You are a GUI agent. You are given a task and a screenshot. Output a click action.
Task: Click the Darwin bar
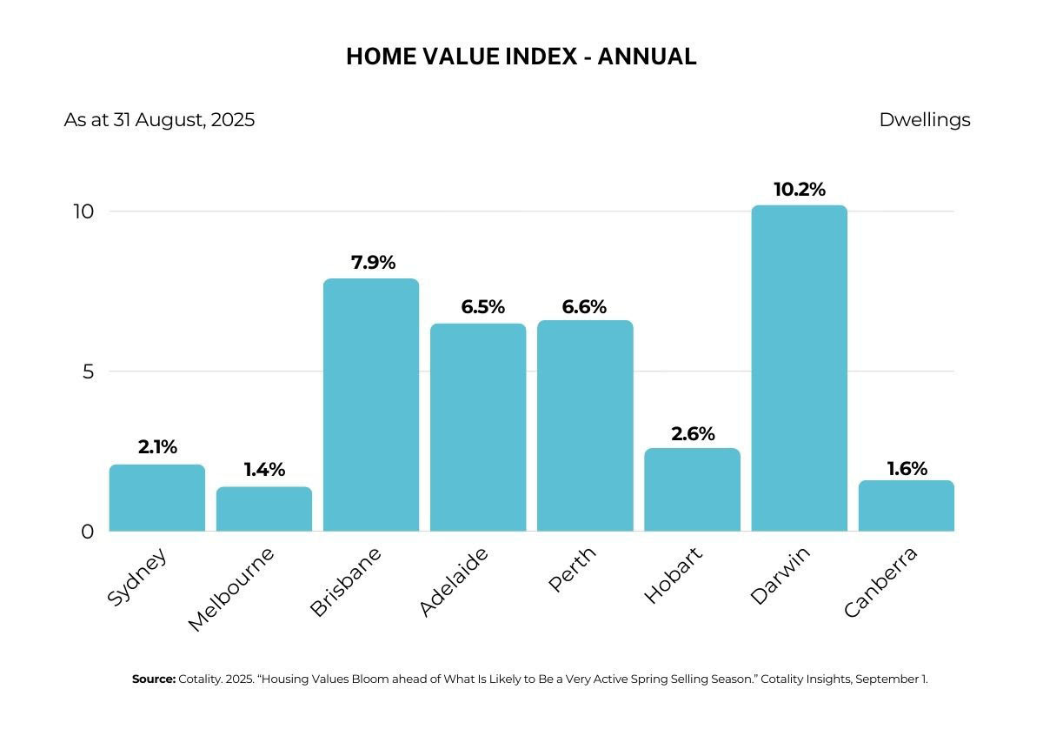[799, 368]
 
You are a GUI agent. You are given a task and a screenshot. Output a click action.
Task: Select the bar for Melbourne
[264, 509]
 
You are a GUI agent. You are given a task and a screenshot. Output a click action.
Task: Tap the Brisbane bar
[371, 405]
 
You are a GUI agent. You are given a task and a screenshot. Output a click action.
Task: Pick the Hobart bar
[692, 490]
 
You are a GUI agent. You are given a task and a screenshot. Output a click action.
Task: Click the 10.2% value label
[800, 190]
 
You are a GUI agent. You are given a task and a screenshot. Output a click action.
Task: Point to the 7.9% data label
[373, 263]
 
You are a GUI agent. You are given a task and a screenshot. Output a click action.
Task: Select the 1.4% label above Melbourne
[264, 470]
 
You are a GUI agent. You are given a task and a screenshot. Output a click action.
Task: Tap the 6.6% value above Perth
[584, 307]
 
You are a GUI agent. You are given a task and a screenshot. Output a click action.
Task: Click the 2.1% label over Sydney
[157, 447]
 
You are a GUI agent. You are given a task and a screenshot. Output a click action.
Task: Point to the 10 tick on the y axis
[83, 212]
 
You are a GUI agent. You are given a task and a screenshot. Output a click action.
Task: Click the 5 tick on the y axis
[89, 372]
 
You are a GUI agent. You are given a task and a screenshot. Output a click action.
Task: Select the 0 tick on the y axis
[88, 532]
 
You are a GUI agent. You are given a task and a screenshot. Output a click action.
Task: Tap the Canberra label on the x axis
[880, 582]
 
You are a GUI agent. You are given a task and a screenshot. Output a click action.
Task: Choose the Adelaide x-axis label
[454, 582]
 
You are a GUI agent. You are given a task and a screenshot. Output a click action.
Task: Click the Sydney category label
[136, 577]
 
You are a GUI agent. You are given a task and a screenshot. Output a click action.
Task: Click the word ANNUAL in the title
[648, 57]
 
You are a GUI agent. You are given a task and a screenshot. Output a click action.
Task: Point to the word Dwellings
[925, 120]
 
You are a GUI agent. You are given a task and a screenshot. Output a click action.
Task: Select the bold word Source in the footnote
[154, 679]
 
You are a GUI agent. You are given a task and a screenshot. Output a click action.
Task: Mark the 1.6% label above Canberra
[907, 468]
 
